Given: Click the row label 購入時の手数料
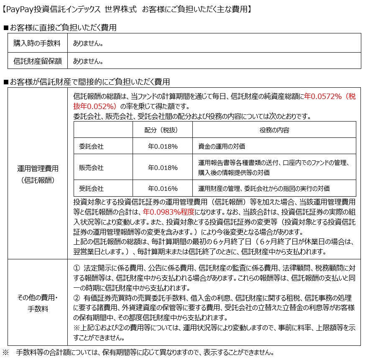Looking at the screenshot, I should [x=37, y=43].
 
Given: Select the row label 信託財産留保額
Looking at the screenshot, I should [x=37, y=61].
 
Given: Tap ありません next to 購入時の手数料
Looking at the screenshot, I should [x=88, y=43].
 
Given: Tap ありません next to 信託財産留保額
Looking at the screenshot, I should [x=88, y=61].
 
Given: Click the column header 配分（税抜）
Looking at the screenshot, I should [x=163, y=130].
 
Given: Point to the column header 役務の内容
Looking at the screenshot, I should [x=274, y=130].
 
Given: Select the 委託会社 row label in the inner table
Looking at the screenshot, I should [x=91, y=146].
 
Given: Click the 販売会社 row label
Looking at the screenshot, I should [x=91, y=167].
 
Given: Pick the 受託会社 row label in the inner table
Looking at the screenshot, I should [x=91, y=188].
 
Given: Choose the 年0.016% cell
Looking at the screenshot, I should [x=163, y=188].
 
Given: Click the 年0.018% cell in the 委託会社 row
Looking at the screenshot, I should [x=163, y=146].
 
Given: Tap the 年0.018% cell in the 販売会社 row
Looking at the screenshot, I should [x=163, y=167].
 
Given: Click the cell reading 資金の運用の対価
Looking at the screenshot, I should [x=221, y=146].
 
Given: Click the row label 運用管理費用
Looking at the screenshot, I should [x=38, y=169].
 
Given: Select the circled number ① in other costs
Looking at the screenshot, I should [x=76, y=267].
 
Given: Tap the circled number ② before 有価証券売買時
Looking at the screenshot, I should [x=76, y=298].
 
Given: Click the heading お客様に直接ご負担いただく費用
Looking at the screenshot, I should [x=63, y=28].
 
